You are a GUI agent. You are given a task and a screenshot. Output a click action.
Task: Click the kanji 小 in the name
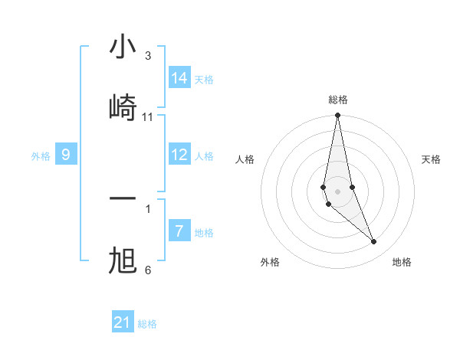(123, 47)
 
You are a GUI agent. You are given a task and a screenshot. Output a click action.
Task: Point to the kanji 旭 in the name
(123, 261)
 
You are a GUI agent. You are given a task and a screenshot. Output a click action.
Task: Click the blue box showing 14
(179, 78)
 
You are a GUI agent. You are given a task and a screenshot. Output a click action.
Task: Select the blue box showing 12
(179, 155)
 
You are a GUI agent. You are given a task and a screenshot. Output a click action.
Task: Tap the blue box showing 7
(179, 231)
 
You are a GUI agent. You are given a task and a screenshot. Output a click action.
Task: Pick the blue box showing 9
(66, 155)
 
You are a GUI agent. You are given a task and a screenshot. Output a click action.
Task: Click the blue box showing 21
(123, 322)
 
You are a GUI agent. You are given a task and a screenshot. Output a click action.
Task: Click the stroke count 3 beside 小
(148, 56)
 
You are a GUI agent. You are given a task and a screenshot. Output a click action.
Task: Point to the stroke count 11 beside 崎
(148, 117)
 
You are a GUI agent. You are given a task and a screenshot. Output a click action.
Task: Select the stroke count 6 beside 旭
(148, 270)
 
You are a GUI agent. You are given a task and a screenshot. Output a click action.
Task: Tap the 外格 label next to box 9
(41, 156)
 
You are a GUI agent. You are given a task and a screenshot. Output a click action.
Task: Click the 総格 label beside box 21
(147, 324)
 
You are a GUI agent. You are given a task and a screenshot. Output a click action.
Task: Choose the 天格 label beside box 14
(204, 80)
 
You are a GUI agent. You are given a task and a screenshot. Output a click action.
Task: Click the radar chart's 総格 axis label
(337, 100)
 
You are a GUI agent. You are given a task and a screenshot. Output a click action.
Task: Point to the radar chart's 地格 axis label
(402, 262)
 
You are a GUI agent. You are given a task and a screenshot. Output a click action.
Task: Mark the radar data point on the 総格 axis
(337, 116)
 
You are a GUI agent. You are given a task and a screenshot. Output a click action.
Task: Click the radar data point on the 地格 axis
(374, 242)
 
